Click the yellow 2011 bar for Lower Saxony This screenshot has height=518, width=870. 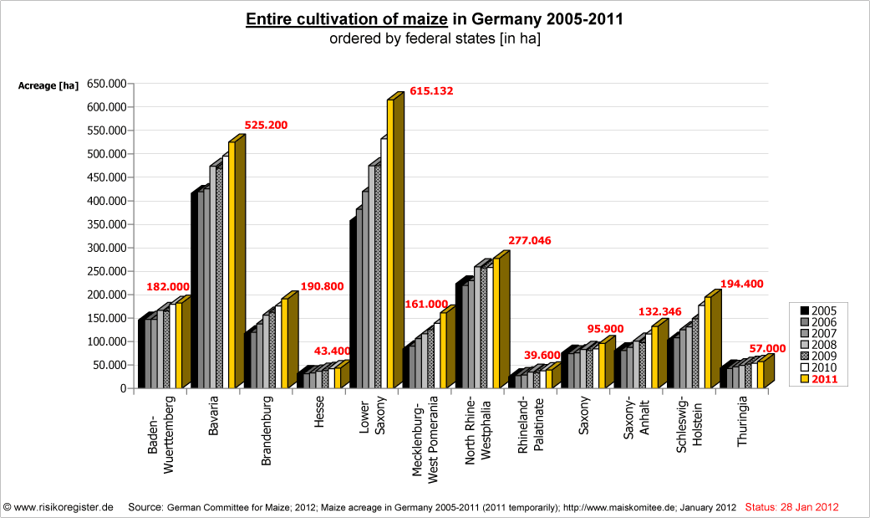(390, 243)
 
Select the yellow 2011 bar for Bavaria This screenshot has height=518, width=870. (231, 264)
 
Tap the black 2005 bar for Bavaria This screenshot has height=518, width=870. (194, 290)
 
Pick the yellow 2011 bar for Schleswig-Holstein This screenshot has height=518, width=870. (708, 342)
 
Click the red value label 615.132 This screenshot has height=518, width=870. (431, 91)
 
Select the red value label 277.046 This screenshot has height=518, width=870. (528, 240)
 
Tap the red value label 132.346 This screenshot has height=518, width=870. (661, 311)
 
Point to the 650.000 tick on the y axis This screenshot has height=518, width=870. (105, 84)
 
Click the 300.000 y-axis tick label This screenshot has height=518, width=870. (105, 248)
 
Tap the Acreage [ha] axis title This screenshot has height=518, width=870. (48, 85)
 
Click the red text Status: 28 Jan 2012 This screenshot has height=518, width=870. (791, 507)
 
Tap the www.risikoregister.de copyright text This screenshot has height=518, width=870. (59, 507)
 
